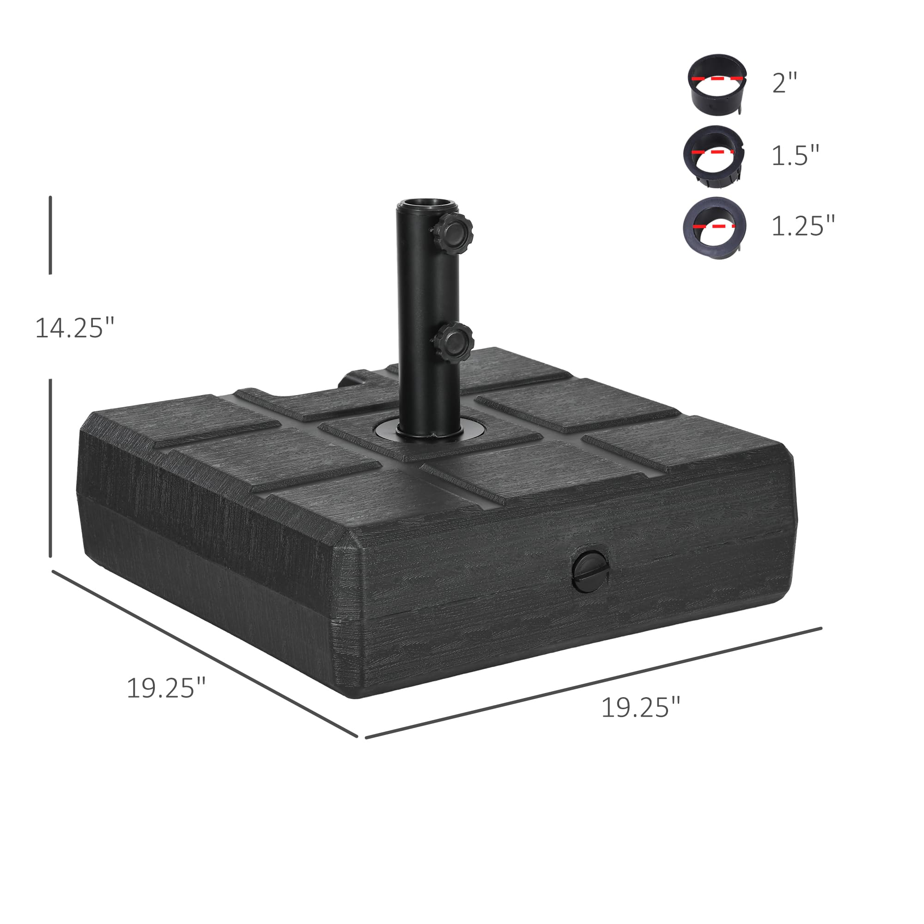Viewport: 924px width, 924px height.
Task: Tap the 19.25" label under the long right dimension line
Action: (640, 708)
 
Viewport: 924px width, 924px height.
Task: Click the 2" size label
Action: (785, 83)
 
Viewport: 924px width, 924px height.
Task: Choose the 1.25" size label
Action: (803, 226)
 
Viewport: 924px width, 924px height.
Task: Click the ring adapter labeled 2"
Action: (717, 84)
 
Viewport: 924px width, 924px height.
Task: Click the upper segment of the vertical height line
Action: (50, 235)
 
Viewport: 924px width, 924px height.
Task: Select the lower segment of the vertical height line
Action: (50, 468)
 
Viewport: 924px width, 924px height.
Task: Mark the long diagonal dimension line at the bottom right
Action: (593, 683)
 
